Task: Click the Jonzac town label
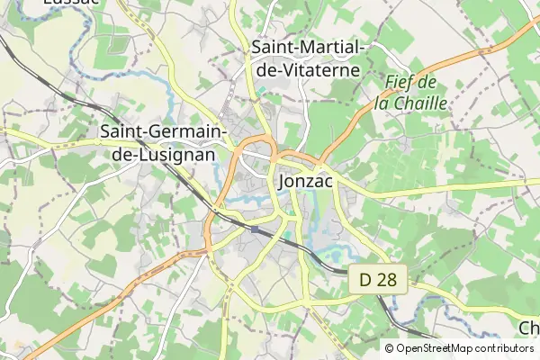307,181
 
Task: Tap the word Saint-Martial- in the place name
306,46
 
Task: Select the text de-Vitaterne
306,68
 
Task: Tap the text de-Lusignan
157,154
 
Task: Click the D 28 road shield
379,282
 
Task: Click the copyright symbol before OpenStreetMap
390,348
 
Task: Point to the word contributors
507,348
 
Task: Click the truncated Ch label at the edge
529,327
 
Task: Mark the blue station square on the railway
255,229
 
